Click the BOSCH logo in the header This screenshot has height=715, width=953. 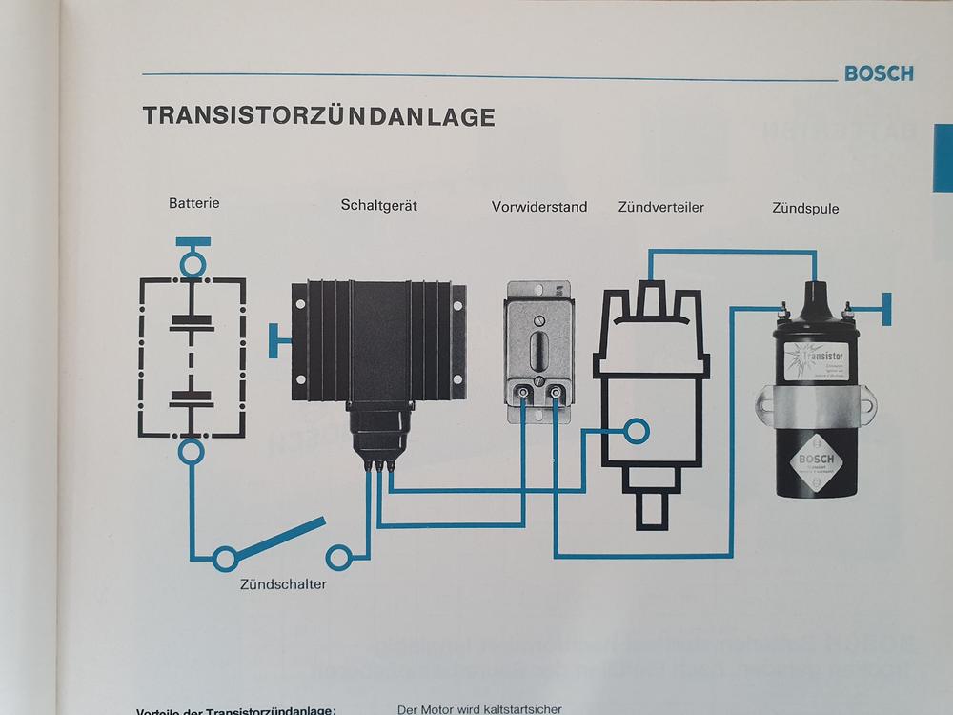pos(878,73)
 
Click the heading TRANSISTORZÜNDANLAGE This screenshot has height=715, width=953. pos(318,116)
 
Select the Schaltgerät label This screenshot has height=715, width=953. pos(379,205)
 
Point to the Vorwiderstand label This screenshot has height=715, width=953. pos(539,206)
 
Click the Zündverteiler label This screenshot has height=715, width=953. pos(660,206)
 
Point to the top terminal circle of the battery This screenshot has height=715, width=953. pos(193,261)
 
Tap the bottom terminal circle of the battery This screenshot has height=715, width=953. pos(193,450)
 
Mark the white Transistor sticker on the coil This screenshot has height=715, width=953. pos(819,363)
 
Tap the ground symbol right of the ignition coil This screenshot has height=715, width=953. pos(885,308)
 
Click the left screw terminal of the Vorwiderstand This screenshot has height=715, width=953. pos(524,393)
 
